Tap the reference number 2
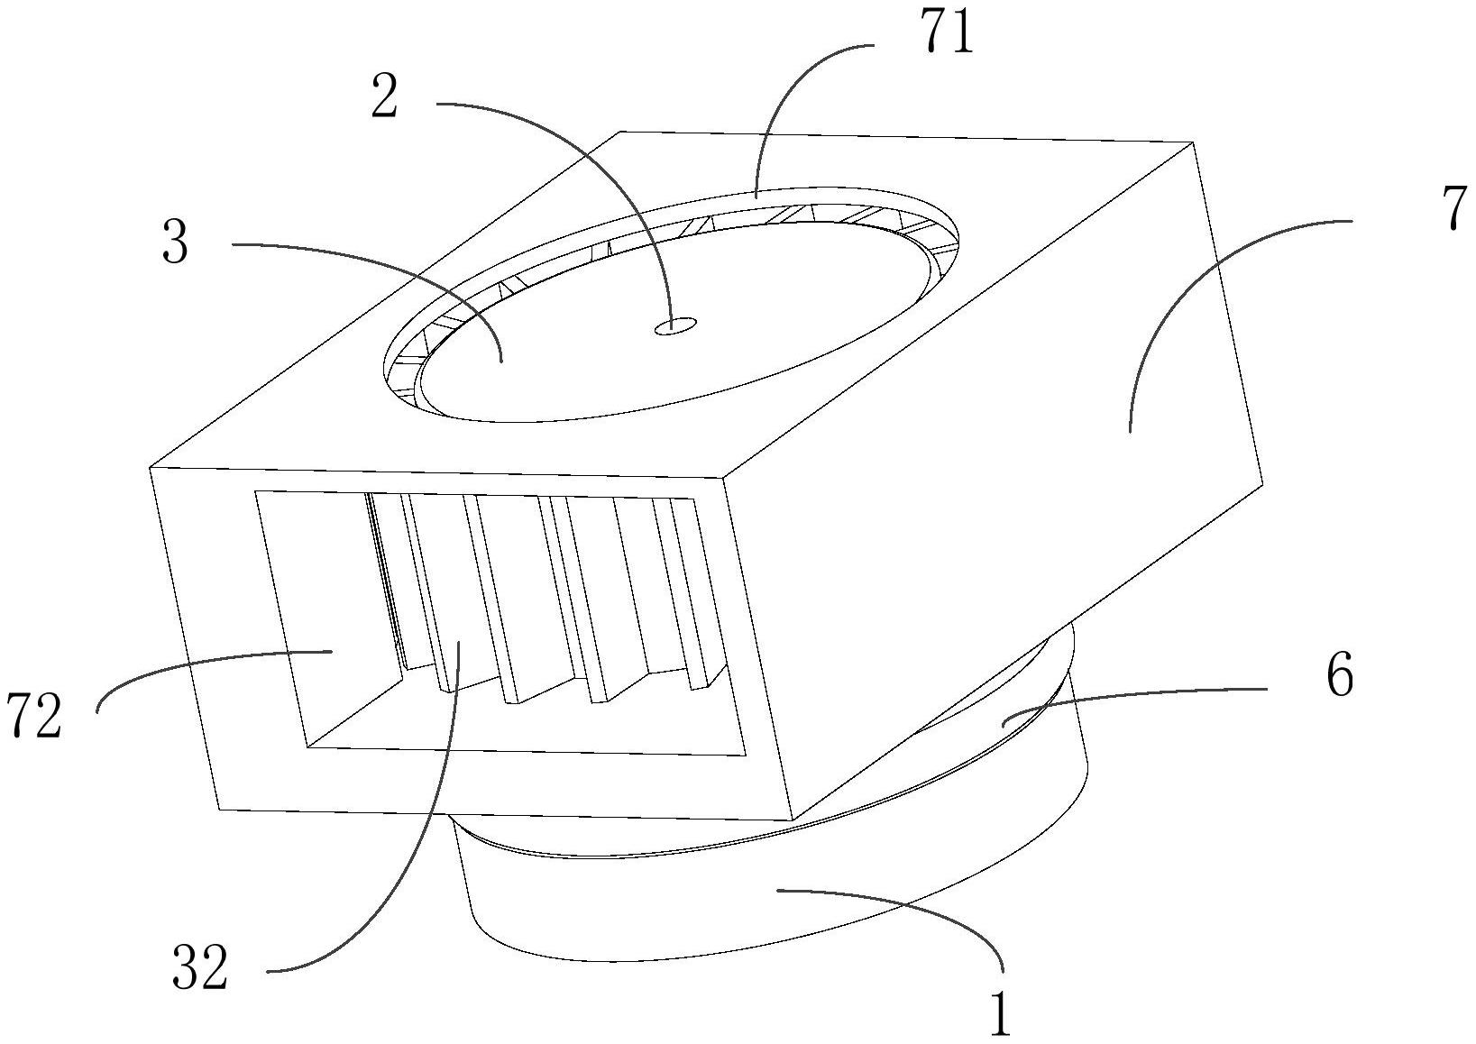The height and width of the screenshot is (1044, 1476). click(x=384, y=99)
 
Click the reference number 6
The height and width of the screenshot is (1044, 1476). click(x=1340, y=675)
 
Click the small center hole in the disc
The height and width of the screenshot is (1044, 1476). click(x=674, y=325)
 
